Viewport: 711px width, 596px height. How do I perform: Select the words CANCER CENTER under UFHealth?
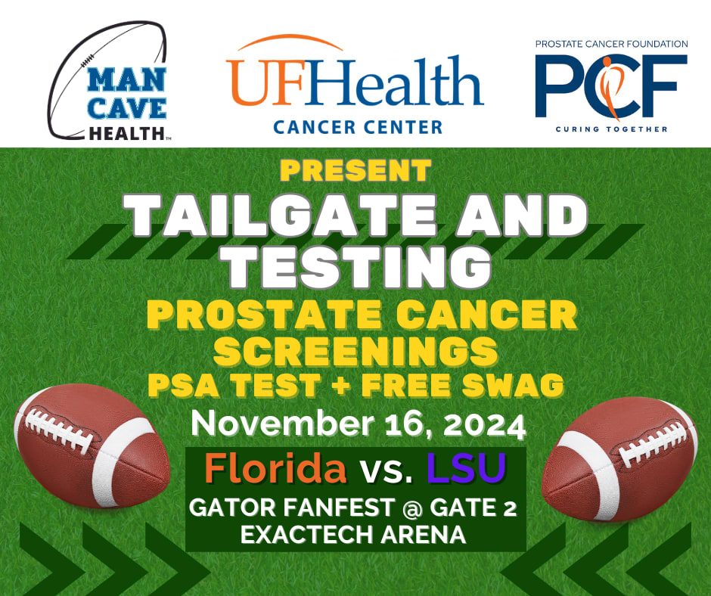coord(358,127)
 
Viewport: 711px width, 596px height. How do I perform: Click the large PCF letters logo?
coord(611,86)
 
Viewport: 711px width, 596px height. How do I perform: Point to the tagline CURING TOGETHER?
coord(611,129)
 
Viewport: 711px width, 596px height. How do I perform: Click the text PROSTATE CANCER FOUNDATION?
coord(611,44)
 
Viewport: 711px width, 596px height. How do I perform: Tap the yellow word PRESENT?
coord(355,169)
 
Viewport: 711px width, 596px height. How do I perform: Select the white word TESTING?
coord(355,265)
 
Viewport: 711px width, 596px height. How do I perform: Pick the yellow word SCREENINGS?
coord(355,352)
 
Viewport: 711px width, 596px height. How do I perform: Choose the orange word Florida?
coord(275,468)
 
